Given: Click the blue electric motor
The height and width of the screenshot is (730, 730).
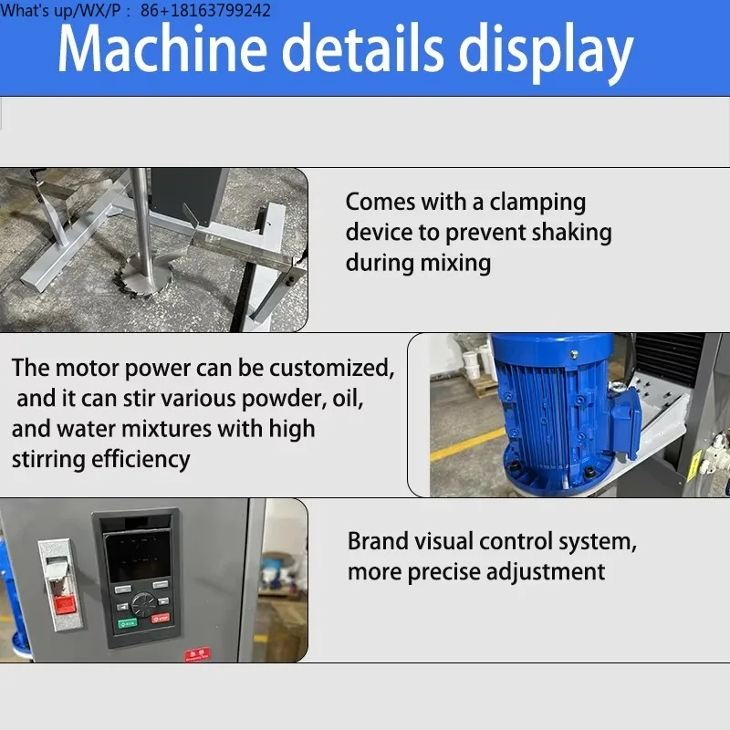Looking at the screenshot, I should coord(547,401).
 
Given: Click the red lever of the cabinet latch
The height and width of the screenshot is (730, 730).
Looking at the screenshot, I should coord(64,602).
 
